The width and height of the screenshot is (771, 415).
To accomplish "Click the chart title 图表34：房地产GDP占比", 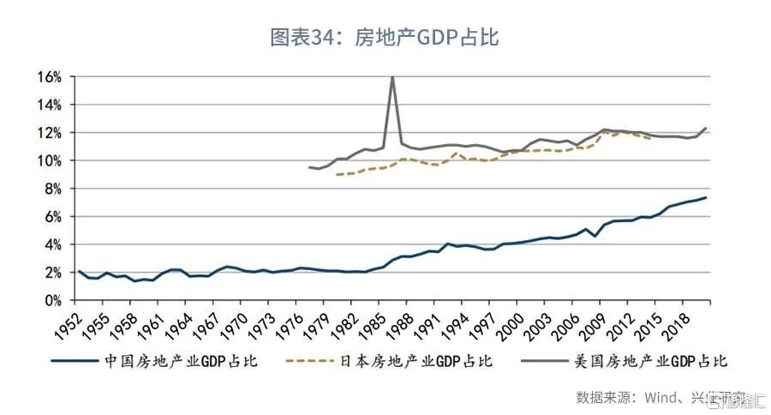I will pyautogui.click(x=385, y=38).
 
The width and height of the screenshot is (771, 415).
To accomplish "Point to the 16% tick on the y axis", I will pyautogui.click(x=48, y=77).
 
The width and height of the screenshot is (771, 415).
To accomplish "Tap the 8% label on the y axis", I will pyautogui.click(x=51, y=189).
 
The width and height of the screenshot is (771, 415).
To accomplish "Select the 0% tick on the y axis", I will pyautogui.click(x=51, y=300).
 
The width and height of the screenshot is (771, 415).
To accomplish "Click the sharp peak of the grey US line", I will pyautogui.click(x=392, y=77).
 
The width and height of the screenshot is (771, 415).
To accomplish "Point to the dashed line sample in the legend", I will pyautogui.click(x=313, y=361).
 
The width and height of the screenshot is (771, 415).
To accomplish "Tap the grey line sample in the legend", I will pyautogui.click(x=547, y=361).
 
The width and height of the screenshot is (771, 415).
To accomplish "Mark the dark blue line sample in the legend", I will pyautogui.click(x=76, y=361).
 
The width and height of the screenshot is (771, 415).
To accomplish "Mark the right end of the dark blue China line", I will pyautogui.click(x=706, y=198).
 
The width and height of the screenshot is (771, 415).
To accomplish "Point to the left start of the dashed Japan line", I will pyautogui.click(x=337, y=175).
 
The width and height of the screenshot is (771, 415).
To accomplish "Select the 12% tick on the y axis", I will pyautogui.click(x=48, y=133).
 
